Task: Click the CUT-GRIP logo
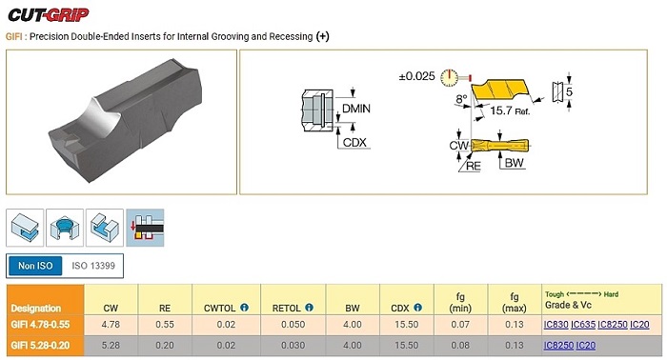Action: coord(48,15)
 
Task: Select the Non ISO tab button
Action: coord(35,266)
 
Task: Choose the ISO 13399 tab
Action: coord(93,266)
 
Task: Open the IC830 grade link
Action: coord(556,325)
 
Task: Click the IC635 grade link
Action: coord(583,325)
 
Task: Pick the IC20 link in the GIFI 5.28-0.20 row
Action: coord(586,346)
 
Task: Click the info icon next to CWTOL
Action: coord(244,308)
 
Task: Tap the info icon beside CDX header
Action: coord(417,308)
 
